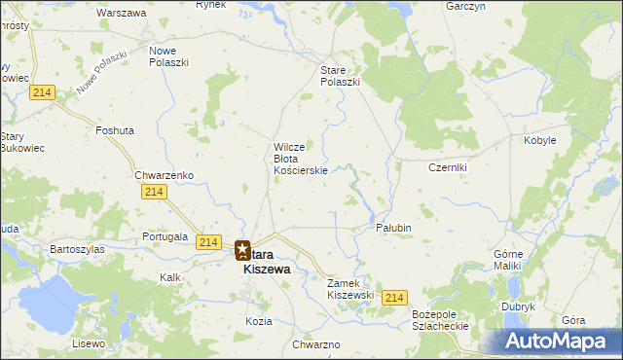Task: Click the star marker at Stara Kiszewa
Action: click(242, 250)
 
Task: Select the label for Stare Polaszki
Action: click(341, 76)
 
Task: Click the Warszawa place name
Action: click(122, 14)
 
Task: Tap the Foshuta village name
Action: click(115, 129)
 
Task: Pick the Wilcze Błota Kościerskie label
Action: click(306, 159)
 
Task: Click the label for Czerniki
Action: click(449, 167)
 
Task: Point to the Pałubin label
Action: click(394, 228)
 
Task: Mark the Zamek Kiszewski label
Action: click(350, 288)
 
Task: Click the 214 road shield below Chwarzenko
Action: click(153, 193)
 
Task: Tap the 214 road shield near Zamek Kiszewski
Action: click(393, 298)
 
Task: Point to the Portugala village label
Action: click(165, 236)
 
